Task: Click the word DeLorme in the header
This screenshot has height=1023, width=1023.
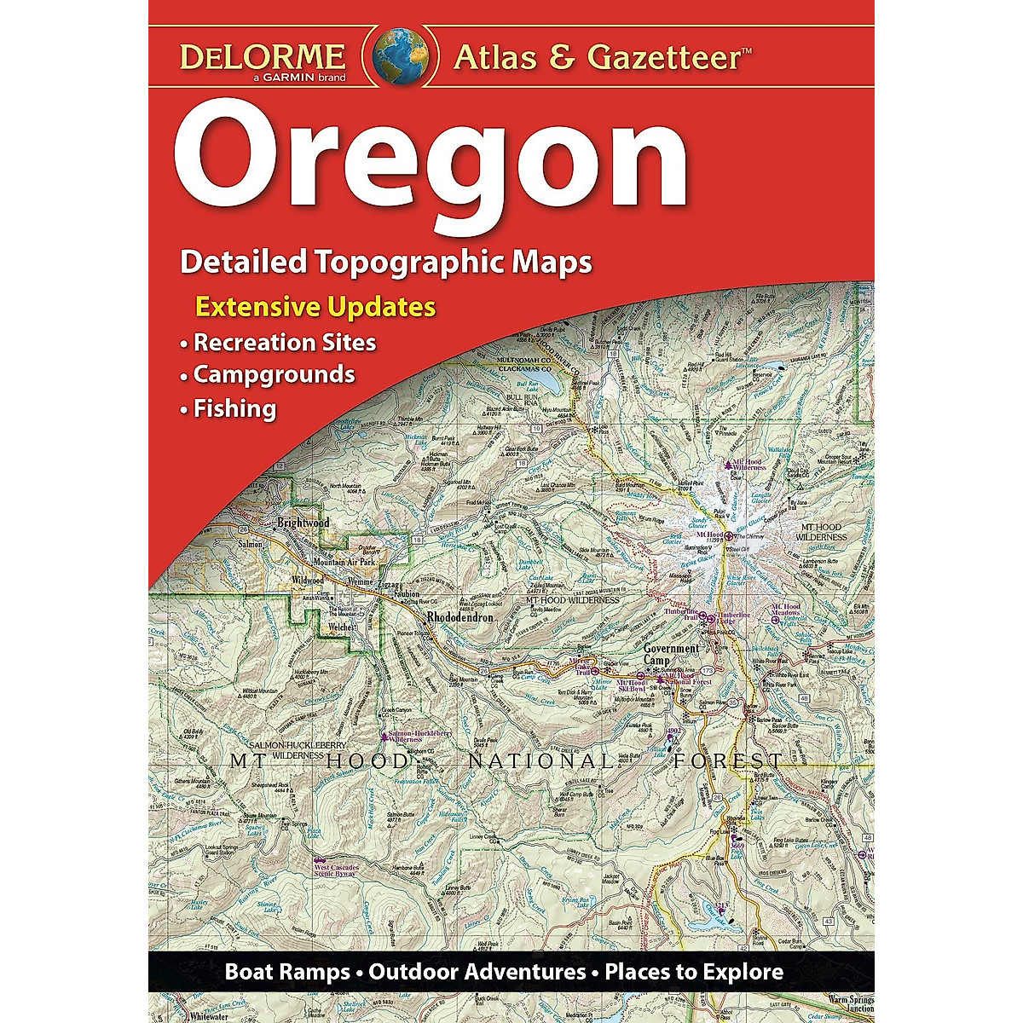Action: (x=262, y=57)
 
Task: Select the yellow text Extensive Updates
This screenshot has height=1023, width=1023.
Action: (x=316, y=307)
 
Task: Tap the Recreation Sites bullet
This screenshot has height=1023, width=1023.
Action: (x=284, y=343)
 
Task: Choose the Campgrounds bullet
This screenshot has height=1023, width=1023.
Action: (x=274, y=374)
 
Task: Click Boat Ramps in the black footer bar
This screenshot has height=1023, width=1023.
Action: (x=287, y=972)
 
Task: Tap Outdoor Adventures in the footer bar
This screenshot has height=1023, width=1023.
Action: (x=477, y=972)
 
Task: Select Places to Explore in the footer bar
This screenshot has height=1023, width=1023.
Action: (x=694, y=972)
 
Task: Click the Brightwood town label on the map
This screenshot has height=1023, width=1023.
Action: (x=303, y=522)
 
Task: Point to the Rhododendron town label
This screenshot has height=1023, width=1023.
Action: (x=459, y=616)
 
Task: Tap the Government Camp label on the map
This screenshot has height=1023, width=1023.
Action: (x=671, y=654)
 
